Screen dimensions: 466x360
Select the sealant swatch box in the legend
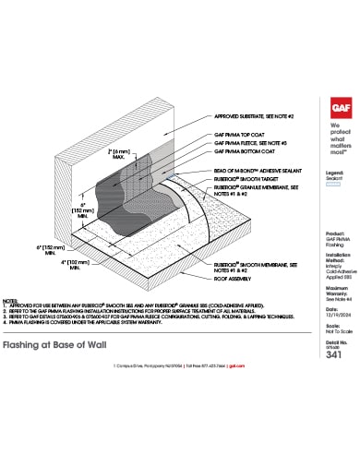click(335, 185)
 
